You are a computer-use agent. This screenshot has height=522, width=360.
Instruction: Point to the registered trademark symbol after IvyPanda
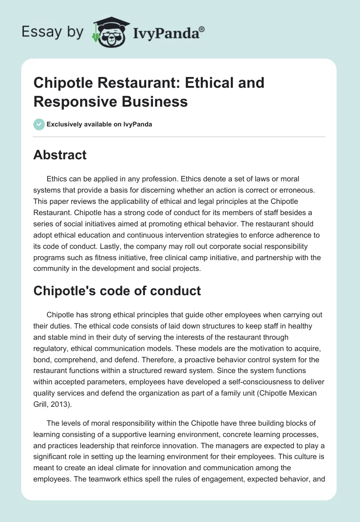pyautogui.click(x=202, y=29)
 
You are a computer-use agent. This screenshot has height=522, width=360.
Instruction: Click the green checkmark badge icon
pyautogui.click(x=39, y=124)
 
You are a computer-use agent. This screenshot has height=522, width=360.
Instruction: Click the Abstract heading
pyautogui.click(x=60, y=155)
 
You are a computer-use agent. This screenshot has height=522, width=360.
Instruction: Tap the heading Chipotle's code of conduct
pyautogui.click(x=117, y=291)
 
